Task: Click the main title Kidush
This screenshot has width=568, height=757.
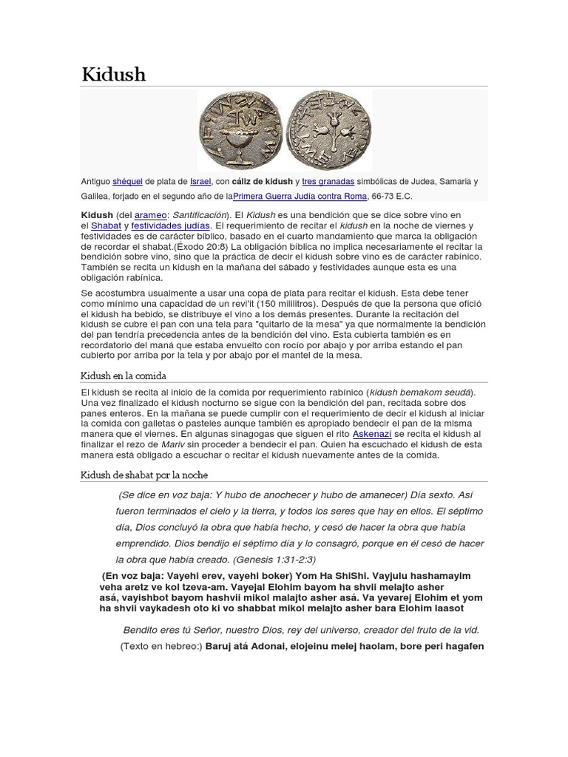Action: (x=113, y=74)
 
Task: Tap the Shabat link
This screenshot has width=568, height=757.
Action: (x=106, y=225)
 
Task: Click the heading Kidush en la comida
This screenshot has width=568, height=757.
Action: (x=124, y=376)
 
